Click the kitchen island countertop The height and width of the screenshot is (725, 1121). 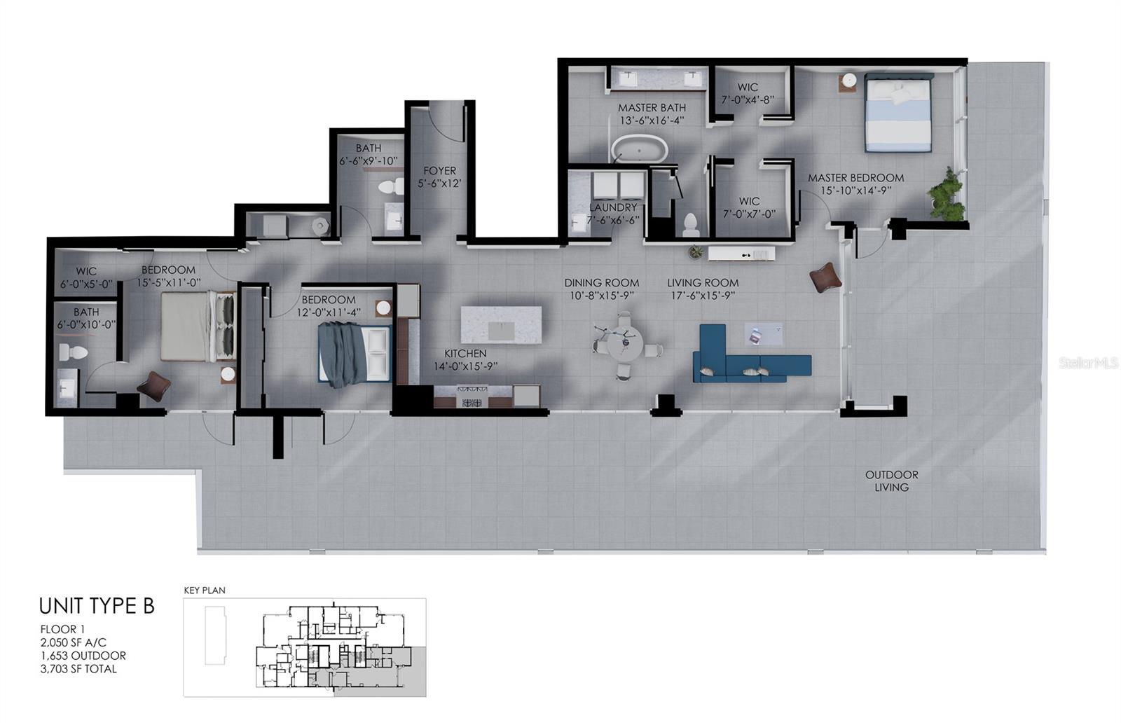click(501, 324)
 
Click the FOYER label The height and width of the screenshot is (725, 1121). click(439, 171)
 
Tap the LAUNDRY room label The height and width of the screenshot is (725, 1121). click(613, 208)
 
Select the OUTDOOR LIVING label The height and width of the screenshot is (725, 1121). click(891, 481)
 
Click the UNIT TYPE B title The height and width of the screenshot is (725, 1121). click(97, 606)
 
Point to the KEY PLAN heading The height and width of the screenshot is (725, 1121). click(205, 591)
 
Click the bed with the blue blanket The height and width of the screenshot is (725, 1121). click(354, 354)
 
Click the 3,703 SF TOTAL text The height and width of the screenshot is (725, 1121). click(78, 669)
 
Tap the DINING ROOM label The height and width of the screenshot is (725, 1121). click(601, 283)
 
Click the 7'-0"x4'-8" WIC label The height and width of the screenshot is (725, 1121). click(748, 88)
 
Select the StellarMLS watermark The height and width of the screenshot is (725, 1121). click(1088, 363)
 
